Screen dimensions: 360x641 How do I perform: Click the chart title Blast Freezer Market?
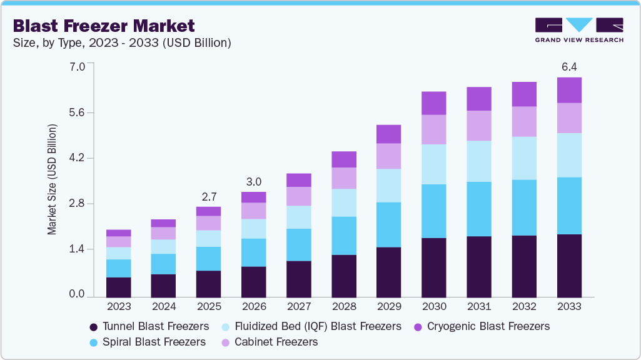point(104,26)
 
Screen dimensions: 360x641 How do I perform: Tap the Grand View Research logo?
point(578,30)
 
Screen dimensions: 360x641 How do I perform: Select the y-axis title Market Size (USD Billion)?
point(52,179)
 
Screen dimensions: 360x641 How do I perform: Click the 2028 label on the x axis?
point(343,307)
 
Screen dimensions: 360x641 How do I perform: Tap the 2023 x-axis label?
point(118,307)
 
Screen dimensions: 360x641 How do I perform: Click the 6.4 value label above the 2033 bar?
point(569,66)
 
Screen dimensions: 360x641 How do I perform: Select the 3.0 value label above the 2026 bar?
point(253,181)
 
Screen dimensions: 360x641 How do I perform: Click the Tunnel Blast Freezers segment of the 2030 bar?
point(433,267)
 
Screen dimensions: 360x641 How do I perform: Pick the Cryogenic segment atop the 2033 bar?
point(569,90)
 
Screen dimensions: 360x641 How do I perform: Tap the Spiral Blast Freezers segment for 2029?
point(388,224)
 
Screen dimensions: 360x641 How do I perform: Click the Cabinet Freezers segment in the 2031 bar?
point(478,126)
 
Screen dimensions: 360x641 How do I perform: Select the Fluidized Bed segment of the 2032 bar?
point(524,158)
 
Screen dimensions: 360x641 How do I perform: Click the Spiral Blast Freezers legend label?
point(154,342)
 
